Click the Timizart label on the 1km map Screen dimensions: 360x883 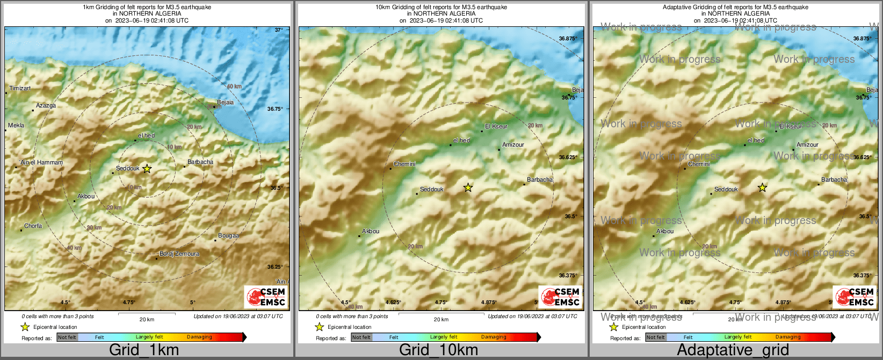(20, 88)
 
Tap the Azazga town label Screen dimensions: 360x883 (46, 105)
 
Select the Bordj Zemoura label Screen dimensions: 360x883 (179, 254)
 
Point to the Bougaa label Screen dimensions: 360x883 (229, 235)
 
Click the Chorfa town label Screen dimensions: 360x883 (33, 226)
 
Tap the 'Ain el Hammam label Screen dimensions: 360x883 (41, 162)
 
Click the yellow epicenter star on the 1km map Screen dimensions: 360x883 (147, 169)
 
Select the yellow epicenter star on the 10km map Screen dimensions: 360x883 (468, 188)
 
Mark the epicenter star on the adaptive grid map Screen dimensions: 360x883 (762, 188)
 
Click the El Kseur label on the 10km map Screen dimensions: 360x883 (496, 126)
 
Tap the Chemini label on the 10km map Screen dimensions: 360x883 (404, 164)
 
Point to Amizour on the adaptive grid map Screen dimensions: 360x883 (807, 145)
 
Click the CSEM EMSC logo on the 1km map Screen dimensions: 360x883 (266, 297)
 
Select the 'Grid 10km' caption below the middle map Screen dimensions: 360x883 (438, 350)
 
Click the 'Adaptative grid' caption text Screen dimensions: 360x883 (733, 350)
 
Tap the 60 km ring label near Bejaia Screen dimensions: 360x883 (234, 87)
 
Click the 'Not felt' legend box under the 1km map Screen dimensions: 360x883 (67, 337)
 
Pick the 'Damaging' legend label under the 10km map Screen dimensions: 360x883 (494, 337)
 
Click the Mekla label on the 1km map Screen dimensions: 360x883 (16, 125)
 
